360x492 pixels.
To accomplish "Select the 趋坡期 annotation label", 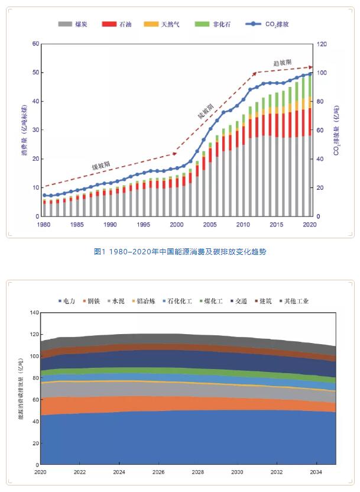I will [283, 63].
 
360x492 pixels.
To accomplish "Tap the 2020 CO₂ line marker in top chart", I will [310, 73].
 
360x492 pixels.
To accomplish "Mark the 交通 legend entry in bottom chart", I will [241, 301].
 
